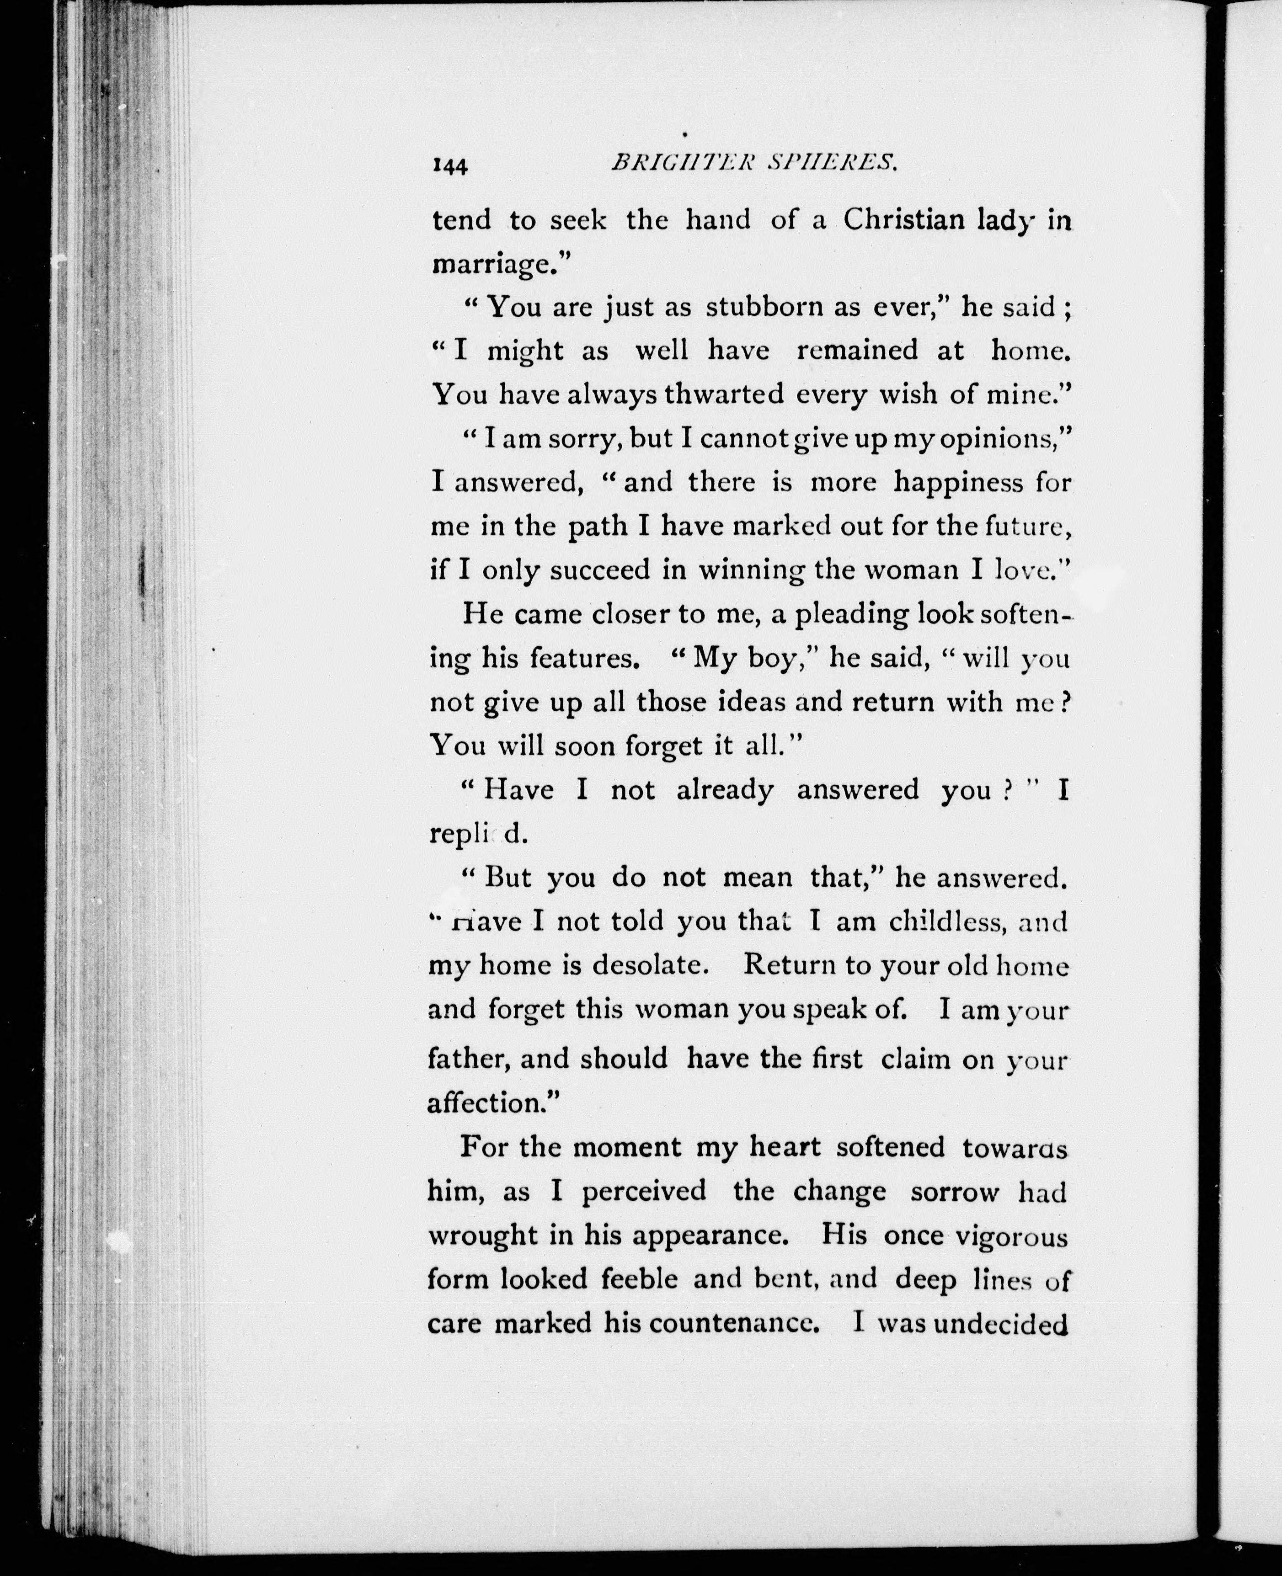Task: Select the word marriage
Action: pos(491,264)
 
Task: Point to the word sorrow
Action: pos(955,1192)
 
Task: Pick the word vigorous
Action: pos(1011,1235)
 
